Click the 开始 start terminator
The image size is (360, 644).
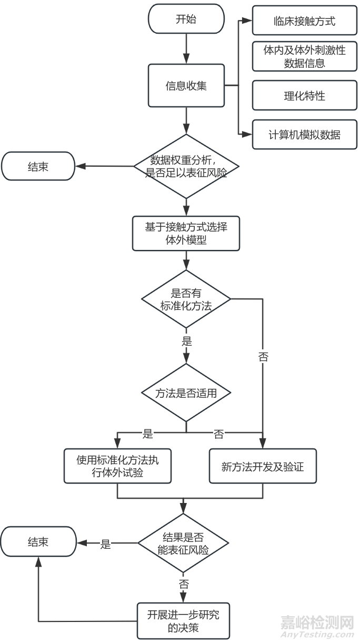(186, 19)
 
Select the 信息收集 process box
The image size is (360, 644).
(186, 85)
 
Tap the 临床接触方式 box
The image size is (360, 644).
(304, 21)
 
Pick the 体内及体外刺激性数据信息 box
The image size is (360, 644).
(304, 57)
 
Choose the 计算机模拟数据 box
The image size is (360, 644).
(304, 135)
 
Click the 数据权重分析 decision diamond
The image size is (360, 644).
(186, 166)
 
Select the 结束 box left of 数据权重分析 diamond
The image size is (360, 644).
(38, 166)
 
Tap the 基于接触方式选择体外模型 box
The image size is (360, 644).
(186, 233)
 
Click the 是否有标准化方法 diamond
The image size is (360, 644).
(186, 299)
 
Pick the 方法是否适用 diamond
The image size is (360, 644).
(186, 393)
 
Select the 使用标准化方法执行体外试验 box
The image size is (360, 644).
(117, 466)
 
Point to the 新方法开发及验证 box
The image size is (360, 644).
(263, 466)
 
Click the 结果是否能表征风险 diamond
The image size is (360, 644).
(183, 543)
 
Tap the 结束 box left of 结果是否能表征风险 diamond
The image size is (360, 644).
(38, 542)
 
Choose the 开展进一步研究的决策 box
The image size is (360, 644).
(183, 620)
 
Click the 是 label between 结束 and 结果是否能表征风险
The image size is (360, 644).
(106, 545)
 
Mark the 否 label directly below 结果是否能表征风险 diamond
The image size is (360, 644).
(184, 584)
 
